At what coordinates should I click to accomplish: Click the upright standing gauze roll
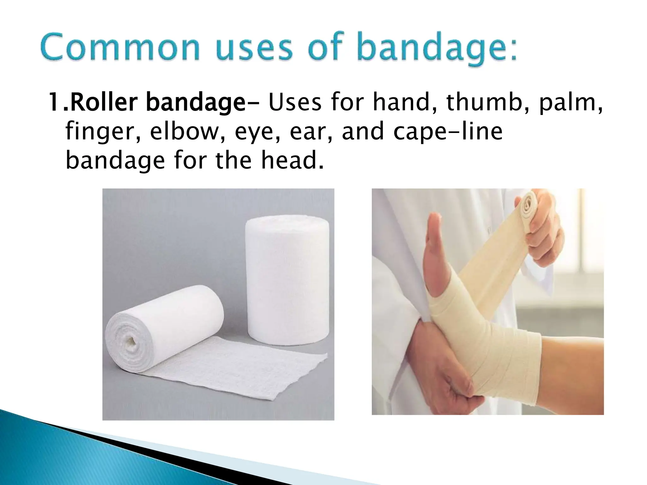point(287,278)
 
